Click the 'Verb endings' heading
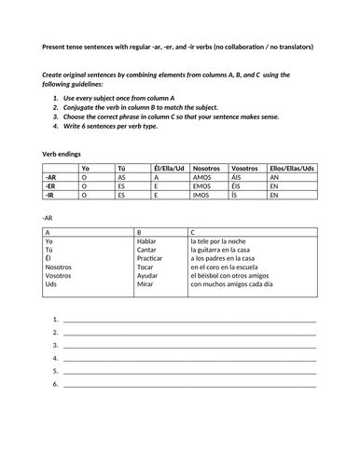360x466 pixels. [x=62, y=152]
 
